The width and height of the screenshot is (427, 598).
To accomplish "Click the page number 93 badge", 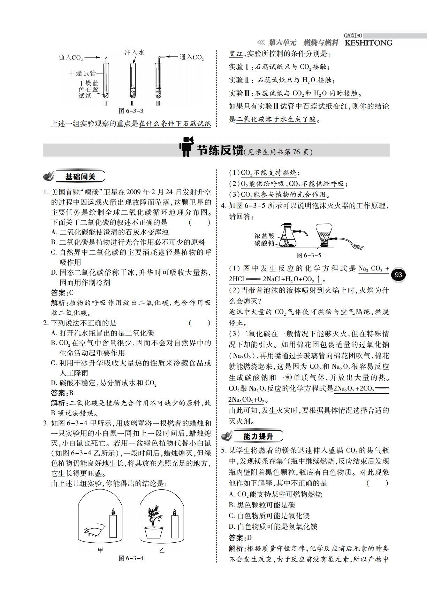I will (398, 275).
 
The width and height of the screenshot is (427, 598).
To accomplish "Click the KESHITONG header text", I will (368, 43).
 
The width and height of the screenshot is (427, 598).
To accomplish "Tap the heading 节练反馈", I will (220, 150).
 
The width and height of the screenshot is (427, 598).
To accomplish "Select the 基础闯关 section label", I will (80, 177).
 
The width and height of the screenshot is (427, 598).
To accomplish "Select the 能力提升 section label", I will (258, 436).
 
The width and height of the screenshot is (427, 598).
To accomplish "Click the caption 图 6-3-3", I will (131, 111).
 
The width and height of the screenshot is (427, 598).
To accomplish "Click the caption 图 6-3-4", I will (131, 558).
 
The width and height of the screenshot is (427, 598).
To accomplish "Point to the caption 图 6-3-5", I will (308, 255).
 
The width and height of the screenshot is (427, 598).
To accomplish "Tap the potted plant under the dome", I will (153, 522).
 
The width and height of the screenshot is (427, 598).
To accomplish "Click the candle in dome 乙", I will (175, 526).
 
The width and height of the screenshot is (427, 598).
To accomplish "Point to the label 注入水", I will (134, 53).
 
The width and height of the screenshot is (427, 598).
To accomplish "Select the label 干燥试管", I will (82, 73).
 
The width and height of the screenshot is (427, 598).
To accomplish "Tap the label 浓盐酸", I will (264, 236).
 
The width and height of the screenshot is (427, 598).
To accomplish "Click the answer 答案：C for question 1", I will (62, 293).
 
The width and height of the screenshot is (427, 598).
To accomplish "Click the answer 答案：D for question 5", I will (240, 538).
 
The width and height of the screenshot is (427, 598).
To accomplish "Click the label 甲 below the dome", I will (100, 550).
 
